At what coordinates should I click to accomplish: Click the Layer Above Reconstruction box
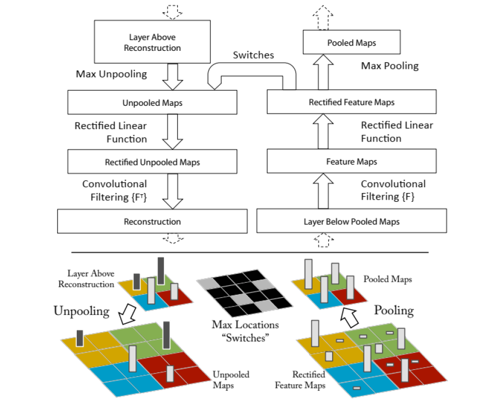click(x=152, y=41)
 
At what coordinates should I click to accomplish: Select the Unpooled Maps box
click(x=152, y=102)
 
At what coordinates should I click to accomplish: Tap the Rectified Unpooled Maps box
click(x=152, y=161)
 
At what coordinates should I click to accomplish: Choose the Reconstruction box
click(x=152, y=221)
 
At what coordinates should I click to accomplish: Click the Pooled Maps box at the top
click(x=352, y=42)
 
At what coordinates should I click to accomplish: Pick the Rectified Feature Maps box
click(x=352, y=102)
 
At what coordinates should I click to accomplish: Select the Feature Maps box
click(x=352, y=161)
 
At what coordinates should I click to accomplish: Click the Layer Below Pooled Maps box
click(x=352, y=221)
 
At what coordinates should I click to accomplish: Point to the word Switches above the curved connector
click(x=254, y=55)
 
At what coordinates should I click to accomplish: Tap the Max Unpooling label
click(x=112, y=74)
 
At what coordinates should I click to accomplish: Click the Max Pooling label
click(x=390, y=66)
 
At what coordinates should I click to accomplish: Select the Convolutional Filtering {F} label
click(x=393, y=190)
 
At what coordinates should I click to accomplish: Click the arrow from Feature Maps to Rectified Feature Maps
click(x=323, y=131)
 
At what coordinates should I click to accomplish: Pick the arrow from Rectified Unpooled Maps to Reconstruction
click(x=173, y=191)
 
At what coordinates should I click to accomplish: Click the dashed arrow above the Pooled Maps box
click(x=323, y=18)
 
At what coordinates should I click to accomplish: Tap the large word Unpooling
click(x=81, y=311)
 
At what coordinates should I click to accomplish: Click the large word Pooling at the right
click(x=394, y=310)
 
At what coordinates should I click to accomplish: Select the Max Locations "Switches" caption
click(x=245, y=331)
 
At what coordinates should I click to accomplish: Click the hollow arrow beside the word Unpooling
click(x=127, y=314)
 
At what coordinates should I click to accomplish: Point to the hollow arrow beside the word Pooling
click(x=350, y=317)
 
